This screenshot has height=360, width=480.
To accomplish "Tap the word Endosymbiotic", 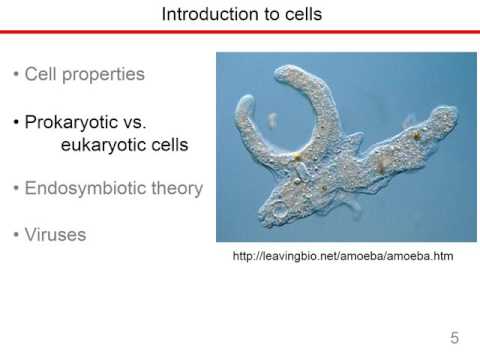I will tap(85, 188).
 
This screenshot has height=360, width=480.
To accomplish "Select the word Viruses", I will tap(55, 235).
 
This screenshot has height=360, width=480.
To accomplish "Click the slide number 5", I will tap(455, 338).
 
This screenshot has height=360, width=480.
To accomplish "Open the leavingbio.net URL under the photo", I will tap(343, 256).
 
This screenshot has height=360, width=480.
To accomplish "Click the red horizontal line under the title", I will tap(240, 32).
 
